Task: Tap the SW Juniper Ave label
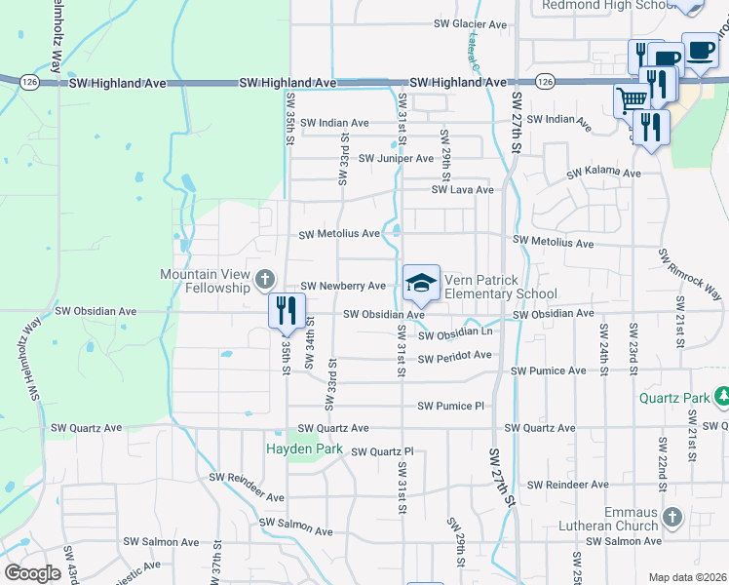[x=396, y=158]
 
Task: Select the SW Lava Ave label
[x=457, y=190]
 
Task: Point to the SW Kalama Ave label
[x=604, y=174]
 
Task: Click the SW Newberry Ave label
[x=342, y=287]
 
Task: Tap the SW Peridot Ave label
[x=454, y=357]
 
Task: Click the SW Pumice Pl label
[x=450, y=406]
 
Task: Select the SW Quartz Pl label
[x=382, y=451]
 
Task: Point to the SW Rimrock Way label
[x=690, y=274]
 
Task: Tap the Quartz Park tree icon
[x=723, y=395]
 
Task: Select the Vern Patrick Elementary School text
[x=501, y=287]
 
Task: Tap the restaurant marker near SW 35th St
[x=287, y=310]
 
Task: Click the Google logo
[x=32, y=573]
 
